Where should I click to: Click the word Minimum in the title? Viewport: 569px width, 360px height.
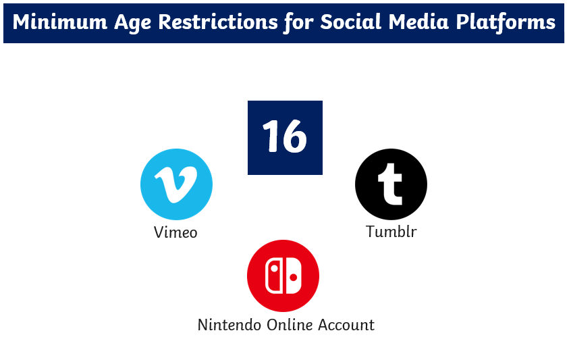point(60,22)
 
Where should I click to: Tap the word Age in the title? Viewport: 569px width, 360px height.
point(132,23)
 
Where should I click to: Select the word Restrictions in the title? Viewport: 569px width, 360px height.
point(218,22)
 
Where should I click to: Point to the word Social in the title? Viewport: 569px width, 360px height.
point(351,22)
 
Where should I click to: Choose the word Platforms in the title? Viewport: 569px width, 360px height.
point(506,22)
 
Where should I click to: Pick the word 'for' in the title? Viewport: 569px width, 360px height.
point(299,23)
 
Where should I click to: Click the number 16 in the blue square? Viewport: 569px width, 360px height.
point(285,136)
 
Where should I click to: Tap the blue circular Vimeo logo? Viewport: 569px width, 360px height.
point(176,184)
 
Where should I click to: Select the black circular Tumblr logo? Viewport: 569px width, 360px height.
point(391,184)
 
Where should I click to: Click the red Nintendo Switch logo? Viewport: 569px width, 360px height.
point(283,276)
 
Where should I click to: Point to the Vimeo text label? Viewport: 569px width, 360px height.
point(175,232)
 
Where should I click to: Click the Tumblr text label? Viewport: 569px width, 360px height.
point(391,232)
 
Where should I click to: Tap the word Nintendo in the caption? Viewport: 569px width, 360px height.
point(229,325)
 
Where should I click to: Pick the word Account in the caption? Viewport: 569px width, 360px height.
point(346,325)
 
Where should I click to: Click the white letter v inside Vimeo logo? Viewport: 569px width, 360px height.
point(177,184)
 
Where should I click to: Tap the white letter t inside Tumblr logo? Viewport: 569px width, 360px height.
point(390,184)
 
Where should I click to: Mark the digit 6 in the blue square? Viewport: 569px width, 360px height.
point(294,136)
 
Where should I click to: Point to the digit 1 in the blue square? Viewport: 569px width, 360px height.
point(271,136)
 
